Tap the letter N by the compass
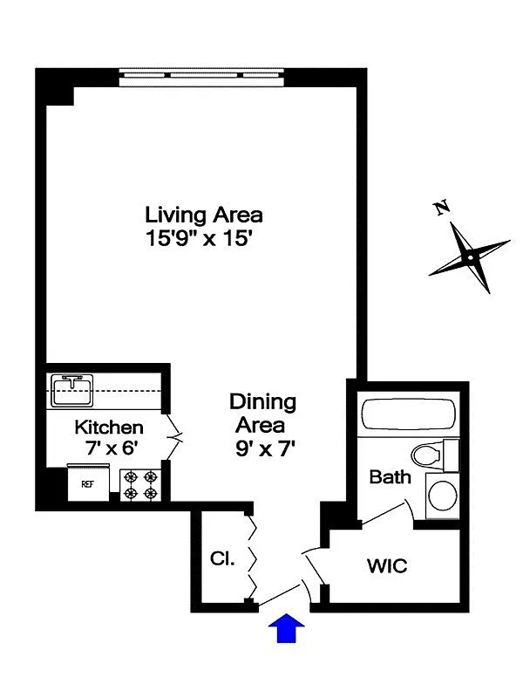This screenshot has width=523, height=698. click(442, 208)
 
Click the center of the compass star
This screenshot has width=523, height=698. click(470, 257)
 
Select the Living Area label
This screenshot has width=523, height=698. click(204, 214)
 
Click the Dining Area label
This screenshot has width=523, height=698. click(262, 414)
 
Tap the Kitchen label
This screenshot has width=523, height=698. click(109, 428)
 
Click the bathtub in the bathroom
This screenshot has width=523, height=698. click(407, 414)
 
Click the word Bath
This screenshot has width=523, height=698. click(390, 477)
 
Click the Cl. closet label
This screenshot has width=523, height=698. click(222, 559)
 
